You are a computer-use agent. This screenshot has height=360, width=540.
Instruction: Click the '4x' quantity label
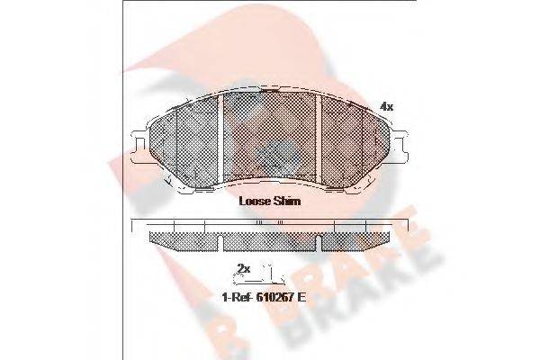tap(386, 106)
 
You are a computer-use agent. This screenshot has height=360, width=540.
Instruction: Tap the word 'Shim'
tap(288, 202)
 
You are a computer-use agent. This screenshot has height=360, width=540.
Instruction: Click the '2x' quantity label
tap(242, 267)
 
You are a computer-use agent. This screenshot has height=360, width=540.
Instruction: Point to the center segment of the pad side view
tap(270, 239)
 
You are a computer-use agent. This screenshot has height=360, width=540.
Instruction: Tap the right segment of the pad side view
tap(356, 239)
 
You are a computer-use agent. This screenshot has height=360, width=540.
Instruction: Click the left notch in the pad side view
tap(220, 244)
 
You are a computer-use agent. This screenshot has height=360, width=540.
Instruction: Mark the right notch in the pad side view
tap(319, 244)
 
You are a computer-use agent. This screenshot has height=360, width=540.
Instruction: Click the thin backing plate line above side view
tap(270, 221)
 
